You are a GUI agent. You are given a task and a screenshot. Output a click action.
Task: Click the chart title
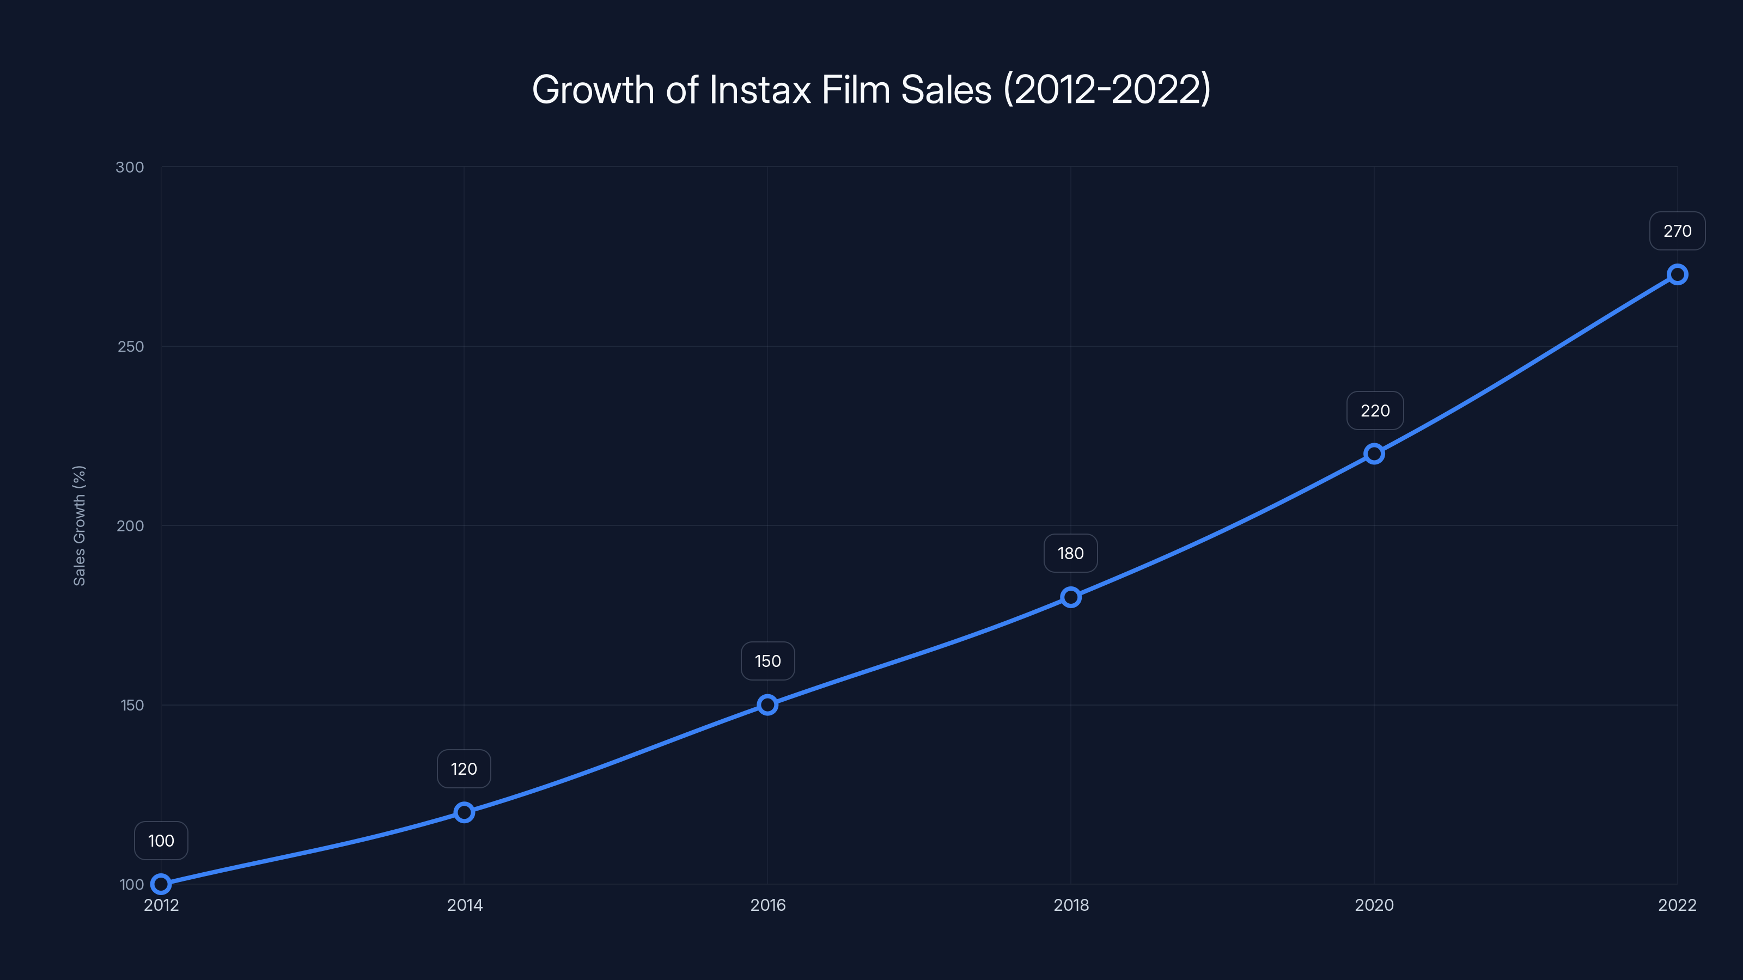(871, 89)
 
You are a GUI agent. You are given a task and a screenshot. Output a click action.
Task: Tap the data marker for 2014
(464, 812)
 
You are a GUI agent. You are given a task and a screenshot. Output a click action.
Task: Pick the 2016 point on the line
(767, 705)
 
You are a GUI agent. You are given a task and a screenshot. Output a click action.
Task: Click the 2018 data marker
(1070, 597)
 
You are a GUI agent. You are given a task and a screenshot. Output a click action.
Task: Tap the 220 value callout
(1375, 411)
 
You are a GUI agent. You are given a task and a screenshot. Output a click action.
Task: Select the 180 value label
(1070, 553)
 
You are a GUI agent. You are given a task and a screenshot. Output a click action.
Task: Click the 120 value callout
(464, 769)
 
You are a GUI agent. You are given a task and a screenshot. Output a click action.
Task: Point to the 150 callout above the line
(767, 661)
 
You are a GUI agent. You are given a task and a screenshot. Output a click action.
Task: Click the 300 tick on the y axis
(130, 167)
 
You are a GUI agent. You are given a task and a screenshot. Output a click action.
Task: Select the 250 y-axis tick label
(131, 346)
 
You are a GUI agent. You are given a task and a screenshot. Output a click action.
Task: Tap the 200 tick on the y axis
(131, 525)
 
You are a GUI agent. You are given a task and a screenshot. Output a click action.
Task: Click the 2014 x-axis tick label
(465, 905)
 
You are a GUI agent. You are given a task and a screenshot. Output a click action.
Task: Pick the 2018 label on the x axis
(1071, 905)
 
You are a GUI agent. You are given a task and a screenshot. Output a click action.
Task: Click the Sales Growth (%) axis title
(79, 525)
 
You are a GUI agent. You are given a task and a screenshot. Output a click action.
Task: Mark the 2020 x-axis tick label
(1374, 905)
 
